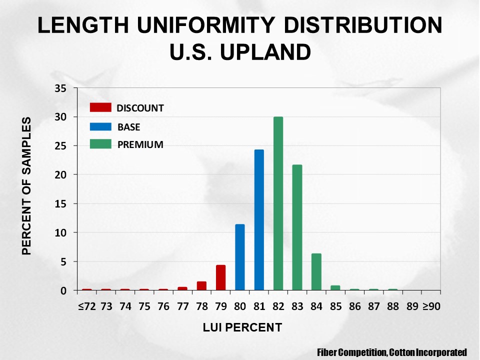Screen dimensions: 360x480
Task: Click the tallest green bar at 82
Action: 278,203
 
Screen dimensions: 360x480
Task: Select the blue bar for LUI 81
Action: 259,220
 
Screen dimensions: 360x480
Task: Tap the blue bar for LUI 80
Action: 240,257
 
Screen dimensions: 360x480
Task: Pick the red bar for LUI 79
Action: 220,277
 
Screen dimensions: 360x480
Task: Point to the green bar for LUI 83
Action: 297,227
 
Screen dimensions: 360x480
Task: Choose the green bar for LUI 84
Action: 316,271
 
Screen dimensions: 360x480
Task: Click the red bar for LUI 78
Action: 201,285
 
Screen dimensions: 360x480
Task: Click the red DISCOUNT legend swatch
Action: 100,107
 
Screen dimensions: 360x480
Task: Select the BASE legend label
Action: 128,127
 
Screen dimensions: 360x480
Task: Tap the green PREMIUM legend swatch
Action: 100,144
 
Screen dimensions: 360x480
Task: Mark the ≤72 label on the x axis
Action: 86,306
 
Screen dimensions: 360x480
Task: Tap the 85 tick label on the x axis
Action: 335,306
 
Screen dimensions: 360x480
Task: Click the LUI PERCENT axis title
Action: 242,327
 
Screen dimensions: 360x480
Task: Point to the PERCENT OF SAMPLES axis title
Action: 27,186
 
